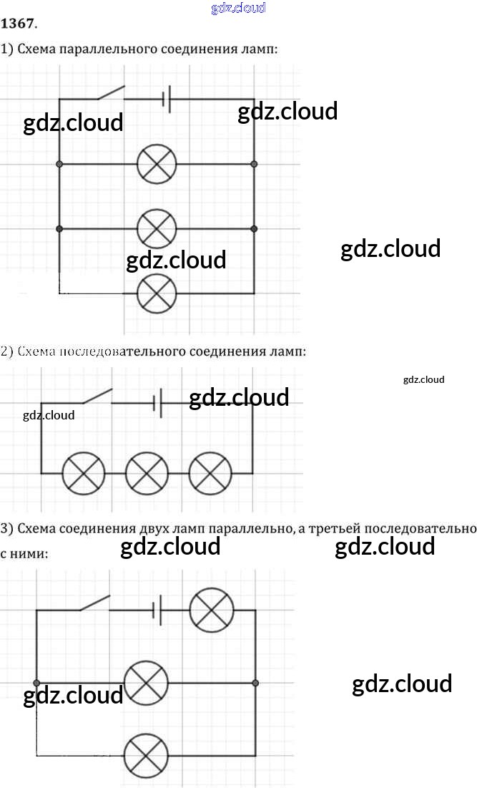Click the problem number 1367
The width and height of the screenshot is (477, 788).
[x=17, y=23]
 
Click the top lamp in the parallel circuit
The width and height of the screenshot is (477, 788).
[x=157, y=164]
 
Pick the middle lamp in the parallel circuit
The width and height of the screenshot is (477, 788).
[x=157, y=229]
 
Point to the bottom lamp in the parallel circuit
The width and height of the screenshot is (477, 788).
[x=157, y=293]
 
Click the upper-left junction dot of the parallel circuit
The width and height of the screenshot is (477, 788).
[x=59, y=164]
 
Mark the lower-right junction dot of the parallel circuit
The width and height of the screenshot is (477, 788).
[x=254, y=229]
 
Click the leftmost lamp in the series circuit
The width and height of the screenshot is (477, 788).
[x=84, y=473]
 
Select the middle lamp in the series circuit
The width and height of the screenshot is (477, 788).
[x=147, y=473]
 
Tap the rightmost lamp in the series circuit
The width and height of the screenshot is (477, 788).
[x=210, y=473]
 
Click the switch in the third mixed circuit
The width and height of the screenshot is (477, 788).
[x=94, y=603]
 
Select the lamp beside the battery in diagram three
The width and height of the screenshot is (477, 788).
[x=212, y=610]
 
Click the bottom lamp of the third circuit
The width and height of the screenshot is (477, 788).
[x=147, y=755]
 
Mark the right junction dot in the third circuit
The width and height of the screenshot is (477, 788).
[x=256, y=683]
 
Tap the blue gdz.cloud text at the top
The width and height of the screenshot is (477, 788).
[x=239, y=8]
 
